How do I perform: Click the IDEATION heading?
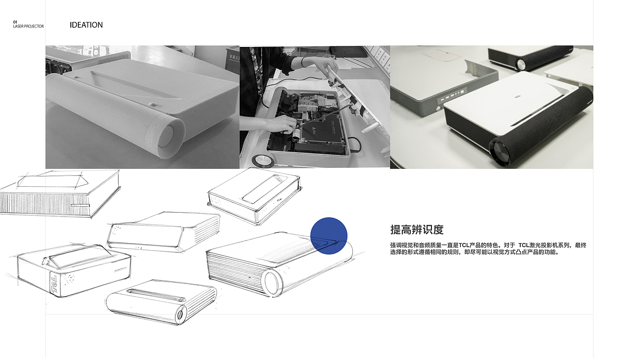pos(86,25)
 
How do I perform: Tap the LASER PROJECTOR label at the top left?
pos(28,26)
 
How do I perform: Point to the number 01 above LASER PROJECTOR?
pos(15,22)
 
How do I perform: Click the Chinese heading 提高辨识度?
pos(417,230)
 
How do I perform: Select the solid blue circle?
pos(328,236)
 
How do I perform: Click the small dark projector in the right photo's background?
pos(529,57)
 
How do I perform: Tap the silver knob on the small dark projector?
pos(521,64)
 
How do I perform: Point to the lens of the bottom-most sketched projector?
pos(180,315)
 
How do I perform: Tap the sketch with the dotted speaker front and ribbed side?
pos(164,232)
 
